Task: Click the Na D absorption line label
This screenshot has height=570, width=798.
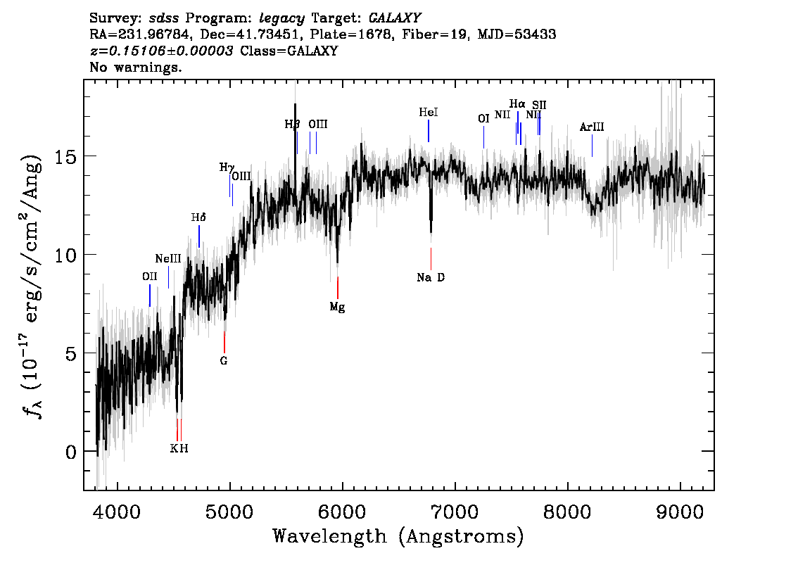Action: coord(431,277)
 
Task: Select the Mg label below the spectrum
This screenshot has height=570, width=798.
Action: coord(337,307)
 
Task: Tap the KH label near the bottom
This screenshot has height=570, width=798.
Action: coord(179,448)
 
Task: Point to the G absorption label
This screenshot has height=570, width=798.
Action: coord(224,361)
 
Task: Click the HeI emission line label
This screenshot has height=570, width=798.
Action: coord(429,112)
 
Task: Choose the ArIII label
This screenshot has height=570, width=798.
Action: coord(592,127)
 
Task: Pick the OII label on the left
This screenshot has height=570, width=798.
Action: coord(149,277)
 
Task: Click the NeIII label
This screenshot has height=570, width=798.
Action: coord(168,258)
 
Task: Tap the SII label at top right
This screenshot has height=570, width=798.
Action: coord(539,105)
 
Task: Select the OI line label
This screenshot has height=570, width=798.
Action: coord(483,119)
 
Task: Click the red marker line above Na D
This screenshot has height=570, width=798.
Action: coord(431,258)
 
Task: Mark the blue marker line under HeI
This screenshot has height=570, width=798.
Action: coord(429,131)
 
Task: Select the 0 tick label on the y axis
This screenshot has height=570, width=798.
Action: coord(70,451)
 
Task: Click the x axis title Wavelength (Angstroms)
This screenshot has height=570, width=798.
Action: coord(398,536)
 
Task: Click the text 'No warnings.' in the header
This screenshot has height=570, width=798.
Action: coord(137,68)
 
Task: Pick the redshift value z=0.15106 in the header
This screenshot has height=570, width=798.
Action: coord(161,51)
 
